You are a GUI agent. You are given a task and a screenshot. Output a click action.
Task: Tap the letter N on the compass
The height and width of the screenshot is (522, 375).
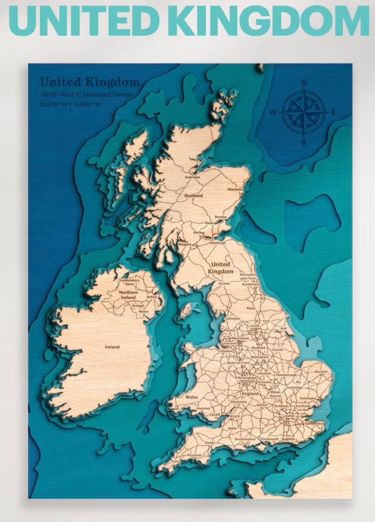304,82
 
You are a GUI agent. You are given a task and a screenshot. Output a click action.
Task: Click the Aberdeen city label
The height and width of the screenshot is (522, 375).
235,189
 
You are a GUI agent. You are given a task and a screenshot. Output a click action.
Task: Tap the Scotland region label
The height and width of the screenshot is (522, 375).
193,195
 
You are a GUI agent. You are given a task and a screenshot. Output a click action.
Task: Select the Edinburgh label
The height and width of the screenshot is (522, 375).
218,243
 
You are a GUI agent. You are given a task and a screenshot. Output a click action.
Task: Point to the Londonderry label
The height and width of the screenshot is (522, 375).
130,280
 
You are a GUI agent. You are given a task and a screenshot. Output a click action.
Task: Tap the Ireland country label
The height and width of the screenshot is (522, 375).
112,347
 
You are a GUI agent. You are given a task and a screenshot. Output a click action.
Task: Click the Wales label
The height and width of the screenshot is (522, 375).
192,397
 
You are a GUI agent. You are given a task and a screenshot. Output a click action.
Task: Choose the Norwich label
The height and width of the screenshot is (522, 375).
321,372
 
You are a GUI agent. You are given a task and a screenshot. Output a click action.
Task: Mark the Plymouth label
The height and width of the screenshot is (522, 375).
194,455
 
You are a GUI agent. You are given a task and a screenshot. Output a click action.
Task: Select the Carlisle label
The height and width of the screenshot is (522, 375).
224,284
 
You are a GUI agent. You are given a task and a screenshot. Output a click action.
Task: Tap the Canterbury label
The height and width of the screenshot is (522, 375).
313,424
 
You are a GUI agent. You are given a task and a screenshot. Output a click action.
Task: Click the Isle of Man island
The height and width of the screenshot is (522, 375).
186,310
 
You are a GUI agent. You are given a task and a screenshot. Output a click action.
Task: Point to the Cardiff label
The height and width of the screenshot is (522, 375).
215,415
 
